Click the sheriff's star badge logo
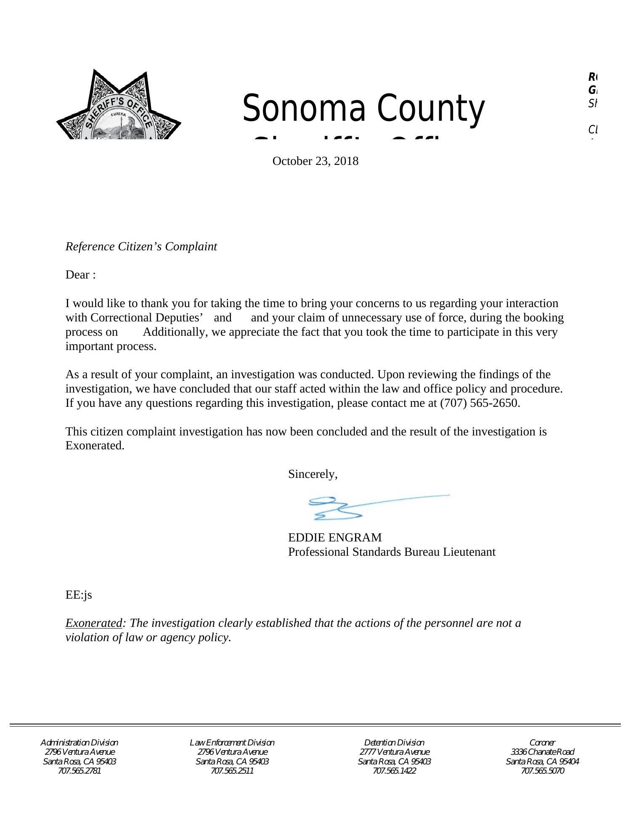pyautogui.click(x=119, y=107)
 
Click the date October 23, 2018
pyautogui.click(x=315, y=161)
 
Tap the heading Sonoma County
pyautogui.click(x=363, y=109)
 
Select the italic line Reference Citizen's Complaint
pyautogui.click(x=141, y=247)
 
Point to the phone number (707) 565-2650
pyautogui.click(x=479, y=403)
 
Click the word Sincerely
pyautogui.click(x=313, y=474)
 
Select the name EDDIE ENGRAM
pyautogui.click(x=335, y=538)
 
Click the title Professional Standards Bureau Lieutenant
pyautogui.click(x=392, y=552)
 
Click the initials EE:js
pyautogui.click(x=79, y=595)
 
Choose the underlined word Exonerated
pyautogui.click(x=93, y=623)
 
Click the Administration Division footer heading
pyautogui.click(x=79, y=743)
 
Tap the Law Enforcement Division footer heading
pyautogui.click(x=232, y=743)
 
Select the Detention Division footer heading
pyautogui.click(x=394, y=743)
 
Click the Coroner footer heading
pyautogui.click(x=542, y=743)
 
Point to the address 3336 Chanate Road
pyautogui.click(x=542, y=752)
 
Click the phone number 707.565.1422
pyautogui.click(x=394, y=771)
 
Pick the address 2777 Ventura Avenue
pyautogui.click(x=394, y=752)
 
